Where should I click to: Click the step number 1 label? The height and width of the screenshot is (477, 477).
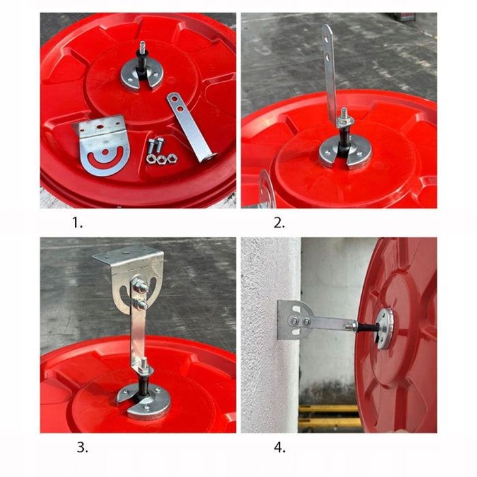coord(77,222)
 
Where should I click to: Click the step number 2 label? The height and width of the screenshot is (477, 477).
coord(279,222)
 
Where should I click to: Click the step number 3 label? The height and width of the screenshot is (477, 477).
coord(82,448)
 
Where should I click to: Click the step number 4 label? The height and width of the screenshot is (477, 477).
coord(279,448)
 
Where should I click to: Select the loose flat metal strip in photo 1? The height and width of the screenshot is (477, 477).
coord(189,126)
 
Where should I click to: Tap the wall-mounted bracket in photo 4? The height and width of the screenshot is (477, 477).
coord(292,319)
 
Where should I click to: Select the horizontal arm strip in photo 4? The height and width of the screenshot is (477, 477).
coord(333,322)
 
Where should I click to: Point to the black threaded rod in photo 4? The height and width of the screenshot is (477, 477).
coord(365,327)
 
